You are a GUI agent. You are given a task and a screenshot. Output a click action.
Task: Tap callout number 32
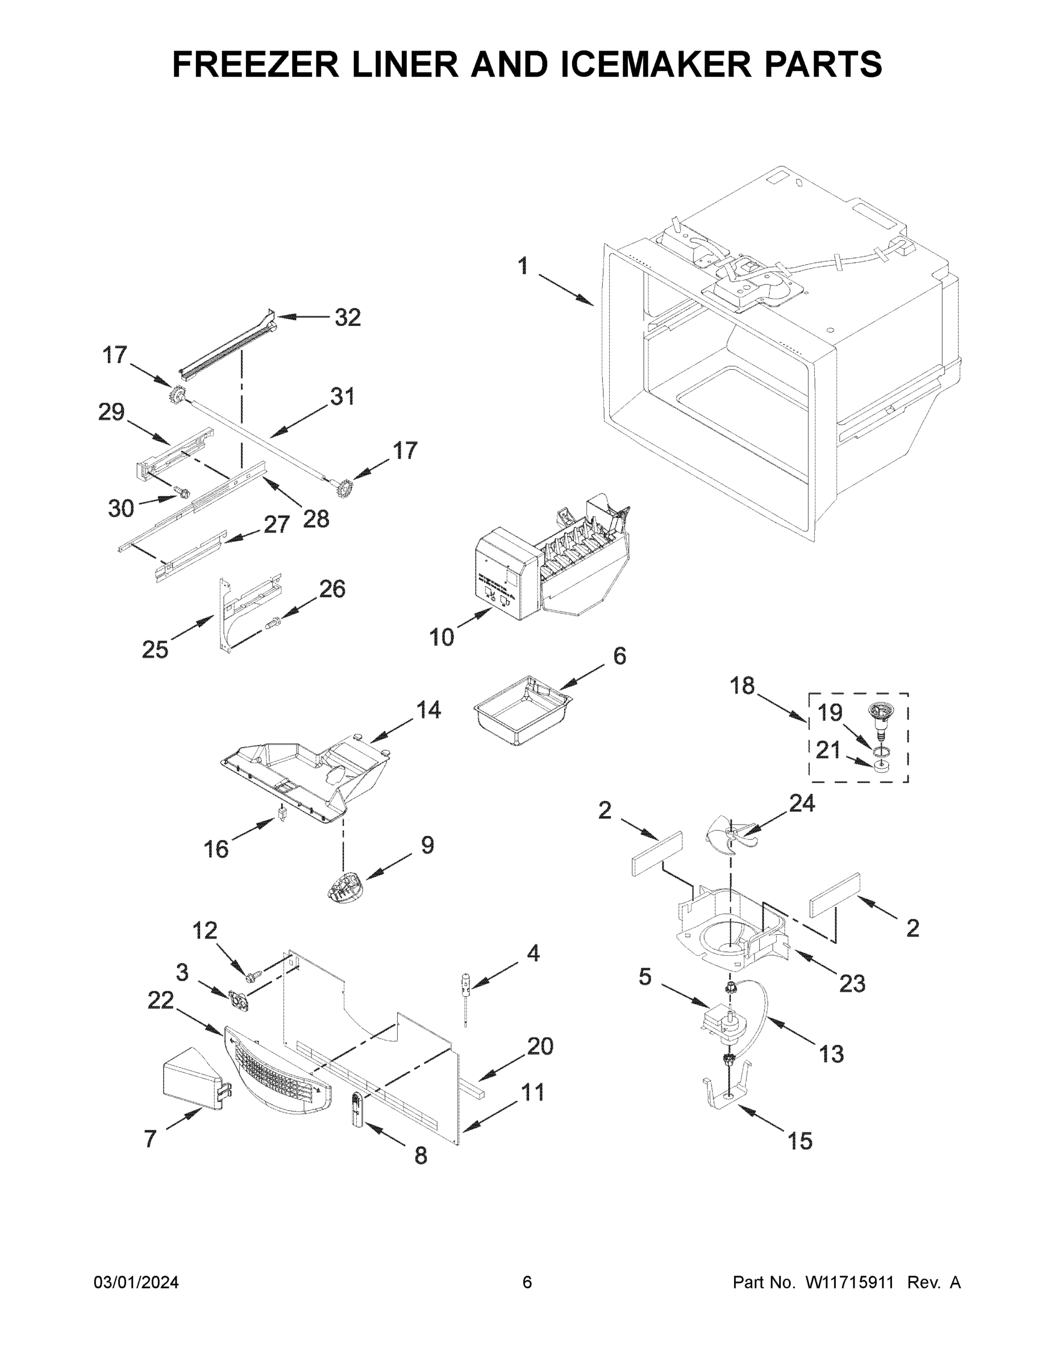click(347, 317)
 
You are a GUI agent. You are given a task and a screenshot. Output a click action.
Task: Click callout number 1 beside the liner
click(523, 267)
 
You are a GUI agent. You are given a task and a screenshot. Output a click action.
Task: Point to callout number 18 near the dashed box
click(743, 686)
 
